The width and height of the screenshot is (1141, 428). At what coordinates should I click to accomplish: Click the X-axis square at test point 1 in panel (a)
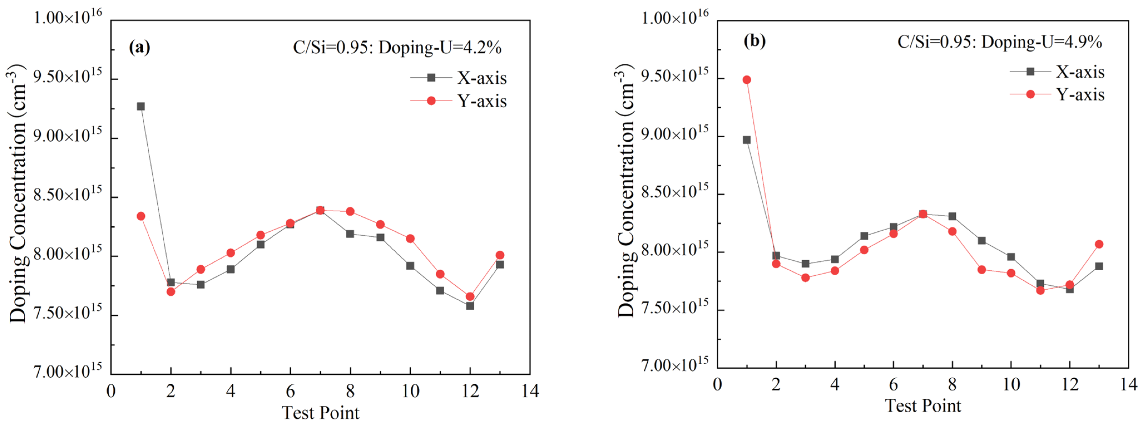[141, 106]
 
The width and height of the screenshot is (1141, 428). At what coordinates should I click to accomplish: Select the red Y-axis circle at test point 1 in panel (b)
[747, 80]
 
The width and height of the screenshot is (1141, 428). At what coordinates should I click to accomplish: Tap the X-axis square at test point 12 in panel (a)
[470, 306]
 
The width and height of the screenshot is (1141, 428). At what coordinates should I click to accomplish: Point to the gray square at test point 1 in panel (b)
[747, 140]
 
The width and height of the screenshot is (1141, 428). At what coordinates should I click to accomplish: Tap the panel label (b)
[755, 41]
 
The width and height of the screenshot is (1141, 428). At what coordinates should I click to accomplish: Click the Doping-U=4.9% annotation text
[999, 42]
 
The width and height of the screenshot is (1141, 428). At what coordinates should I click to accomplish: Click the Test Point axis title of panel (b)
[923, 405]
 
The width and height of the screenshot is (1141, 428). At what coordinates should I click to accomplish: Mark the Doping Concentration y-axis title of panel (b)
[625, 191]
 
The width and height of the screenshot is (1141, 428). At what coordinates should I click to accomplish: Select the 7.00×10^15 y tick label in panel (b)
[674, 365]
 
